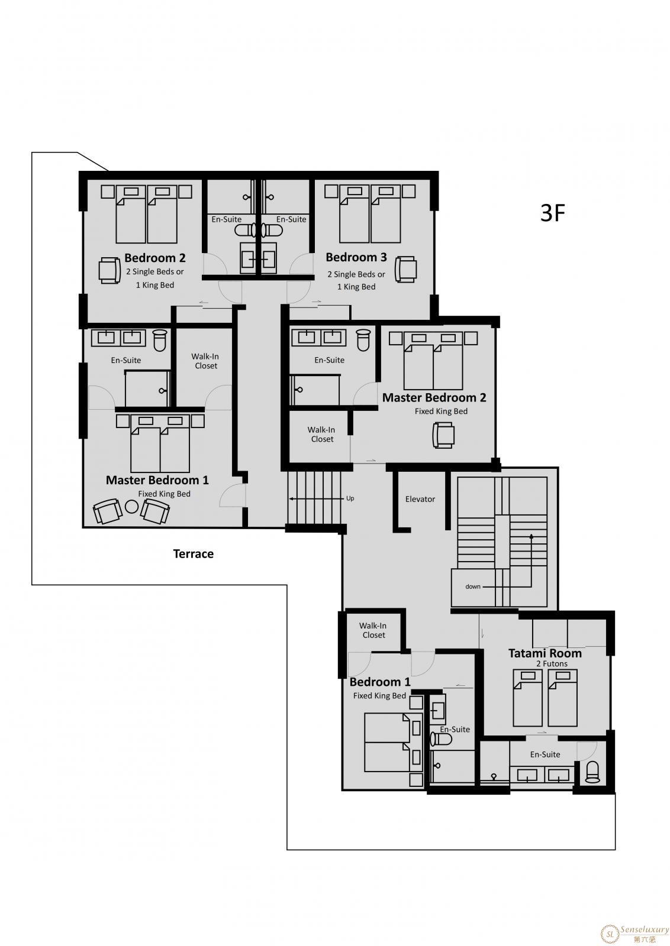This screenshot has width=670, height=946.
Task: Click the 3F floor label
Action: [552, 213]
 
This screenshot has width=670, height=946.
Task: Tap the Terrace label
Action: [193, 553]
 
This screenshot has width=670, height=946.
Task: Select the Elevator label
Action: [420, 499]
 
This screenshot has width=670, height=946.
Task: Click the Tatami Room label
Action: [545, 653]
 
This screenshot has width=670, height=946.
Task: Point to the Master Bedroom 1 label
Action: [157, 480]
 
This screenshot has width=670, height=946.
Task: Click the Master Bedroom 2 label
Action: [434, 397]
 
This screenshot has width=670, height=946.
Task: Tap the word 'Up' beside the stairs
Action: [350, 498]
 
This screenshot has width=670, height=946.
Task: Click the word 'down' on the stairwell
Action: [473, 587]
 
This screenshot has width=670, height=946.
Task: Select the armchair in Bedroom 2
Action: [109, 271]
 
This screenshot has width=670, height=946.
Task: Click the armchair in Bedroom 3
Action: [406, 269]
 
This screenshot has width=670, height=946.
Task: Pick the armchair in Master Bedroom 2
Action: [443, 435]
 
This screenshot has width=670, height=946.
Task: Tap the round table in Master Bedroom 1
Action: [131, 506]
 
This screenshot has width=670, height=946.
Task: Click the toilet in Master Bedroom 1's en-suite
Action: [160, 341]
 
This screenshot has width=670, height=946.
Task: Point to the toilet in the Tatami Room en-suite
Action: [592, 772]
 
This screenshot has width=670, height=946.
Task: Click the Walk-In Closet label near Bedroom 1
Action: [373, 630]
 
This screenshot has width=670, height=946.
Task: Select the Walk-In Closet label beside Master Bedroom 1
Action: [205, 361]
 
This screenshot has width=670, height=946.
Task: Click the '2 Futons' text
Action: [552, 664]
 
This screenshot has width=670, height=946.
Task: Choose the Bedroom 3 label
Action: [356, 257]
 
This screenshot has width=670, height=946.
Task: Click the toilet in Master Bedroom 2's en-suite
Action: [363, 341]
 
